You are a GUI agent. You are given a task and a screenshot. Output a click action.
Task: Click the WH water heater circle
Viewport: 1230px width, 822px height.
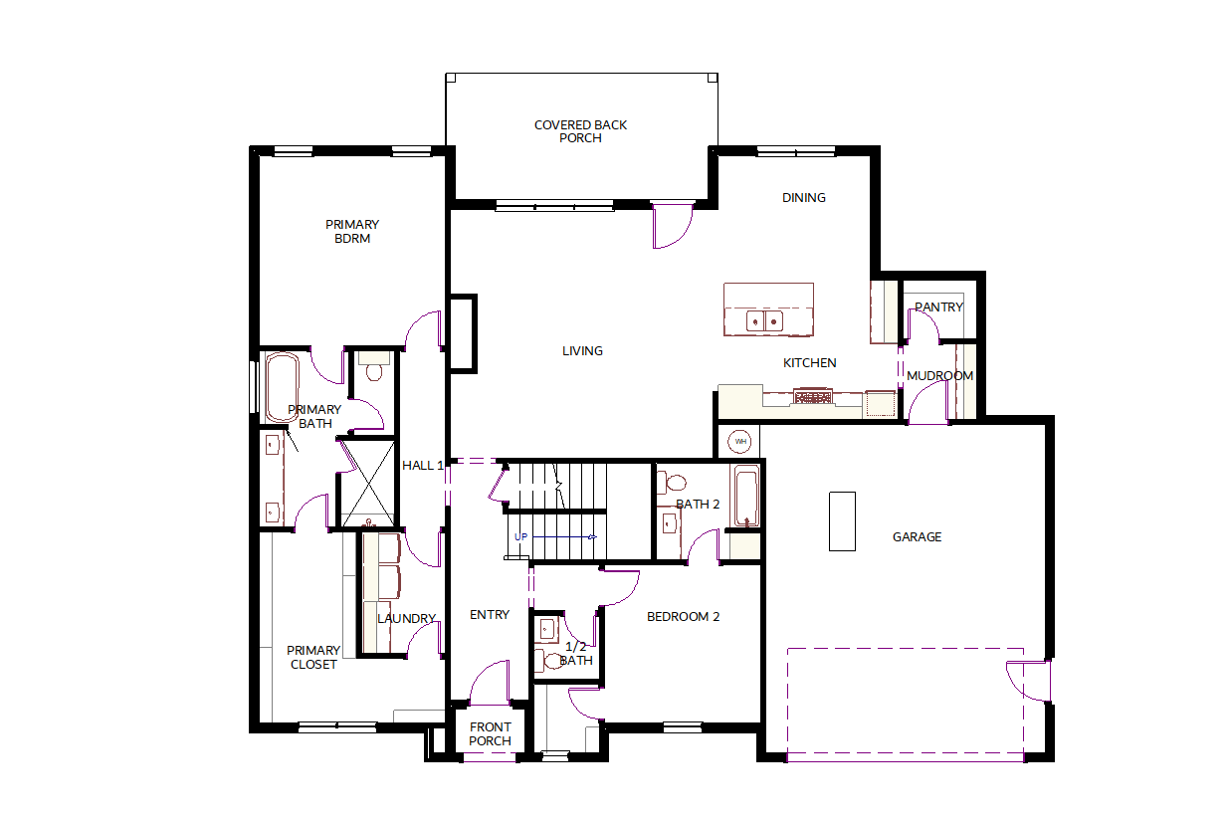pyautogui.click(x=739, y=442)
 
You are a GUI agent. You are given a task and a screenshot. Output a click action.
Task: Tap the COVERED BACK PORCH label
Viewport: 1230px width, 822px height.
pyautogui.click(x=580, y=131)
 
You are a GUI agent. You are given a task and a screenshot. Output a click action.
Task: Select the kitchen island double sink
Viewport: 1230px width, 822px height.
pyautogui.click(x=764, y=321)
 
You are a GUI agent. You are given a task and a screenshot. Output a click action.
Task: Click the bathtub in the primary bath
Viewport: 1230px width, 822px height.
pyautogui.click(x=283, y=387)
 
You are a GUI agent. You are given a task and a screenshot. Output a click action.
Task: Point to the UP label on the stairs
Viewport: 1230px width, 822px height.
pyautogui.click(x=520, y=537)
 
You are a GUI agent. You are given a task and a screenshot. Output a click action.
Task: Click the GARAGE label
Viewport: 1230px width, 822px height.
pyautogui.click(x=917, y=537)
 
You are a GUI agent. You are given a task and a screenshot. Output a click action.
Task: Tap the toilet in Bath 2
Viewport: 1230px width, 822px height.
pyautogui.click(x=672, y=483)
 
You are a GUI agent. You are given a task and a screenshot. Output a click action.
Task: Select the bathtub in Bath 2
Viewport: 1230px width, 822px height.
pyautogui.click(x=746, y=497)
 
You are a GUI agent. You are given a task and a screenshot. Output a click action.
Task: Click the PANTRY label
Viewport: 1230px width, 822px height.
pyautogui.click(x=939, y=307)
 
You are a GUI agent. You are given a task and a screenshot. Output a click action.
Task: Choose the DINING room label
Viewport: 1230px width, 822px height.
pyautogui.click(x=804, y=198)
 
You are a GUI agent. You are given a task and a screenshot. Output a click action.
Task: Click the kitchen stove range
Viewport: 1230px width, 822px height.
pyautogui.click(x=813, y=396)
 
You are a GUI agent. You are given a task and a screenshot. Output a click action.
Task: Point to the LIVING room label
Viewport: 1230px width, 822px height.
pyautogui.click(x=582, y=351)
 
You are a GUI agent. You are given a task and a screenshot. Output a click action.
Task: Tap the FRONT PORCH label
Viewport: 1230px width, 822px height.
pyautogui.click(x=490, y=734)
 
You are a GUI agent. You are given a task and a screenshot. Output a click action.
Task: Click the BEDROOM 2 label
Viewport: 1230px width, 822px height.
pyautogui.click(x=683, y=617)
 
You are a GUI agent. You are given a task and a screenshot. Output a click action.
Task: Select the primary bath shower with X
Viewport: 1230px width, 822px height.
pyautogui.click(x=368, y=484)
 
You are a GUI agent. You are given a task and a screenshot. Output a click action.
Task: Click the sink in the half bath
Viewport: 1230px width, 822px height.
pyautogui.click(x=547, y=630)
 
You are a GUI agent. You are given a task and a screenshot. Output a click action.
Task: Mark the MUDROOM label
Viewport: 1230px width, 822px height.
pyautogui.click(x=939, y=376)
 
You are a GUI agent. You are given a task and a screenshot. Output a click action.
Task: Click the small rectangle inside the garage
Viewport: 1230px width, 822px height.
pyautogui.click(x=842, y=521)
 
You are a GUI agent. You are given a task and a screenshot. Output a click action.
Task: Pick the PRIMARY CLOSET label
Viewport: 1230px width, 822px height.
pyautogui.click(x=313, y=657)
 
